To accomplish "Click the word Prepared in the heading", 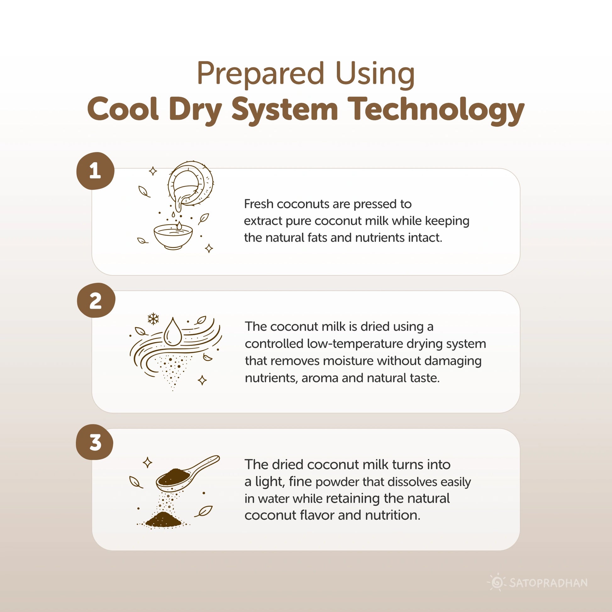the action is (x=260, y=74).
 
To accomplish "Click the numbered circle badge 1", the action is (x=95, y=171).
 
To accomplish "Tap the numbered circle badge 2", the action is (x=96, y=300).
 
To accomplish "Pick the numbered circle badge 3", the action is (x=95, y=442).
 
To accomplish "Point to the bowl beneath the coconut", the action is (x=173, y=236).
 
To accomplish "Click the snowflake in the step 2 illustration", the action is (x=153, y=319).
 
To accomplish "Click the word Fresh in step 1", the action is (x=259, y=204).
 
